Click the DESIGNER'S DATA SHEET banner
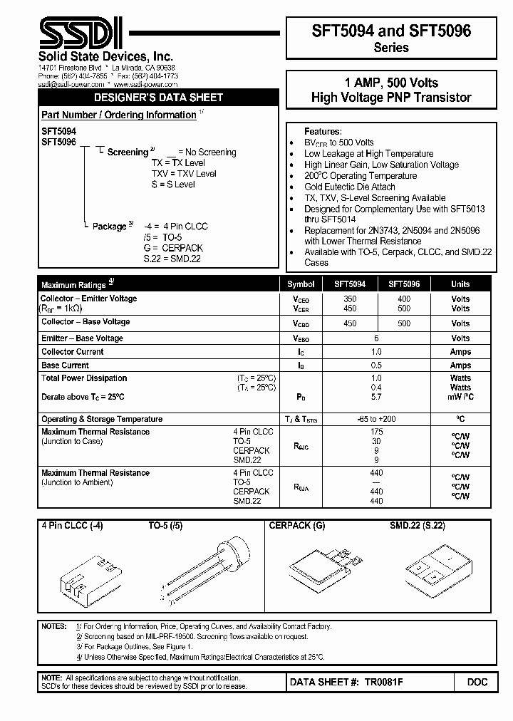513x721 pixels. (159, 98)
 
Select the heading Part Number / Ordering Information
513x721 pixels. (118, 115)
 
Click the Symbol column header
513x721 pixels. (301, 284)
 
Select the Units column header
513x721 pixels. (460, 284)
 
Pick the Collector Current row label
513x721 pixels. (72, 352)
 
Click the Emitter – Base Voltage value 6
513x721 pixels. (376, 338)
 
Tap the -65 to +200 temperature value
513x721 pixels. (376, 419)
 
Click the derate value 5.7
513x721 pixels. (376, 397)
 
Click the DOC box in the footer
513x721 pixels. (477, 682)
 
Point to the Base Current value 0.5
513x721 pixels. (376, 365)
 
